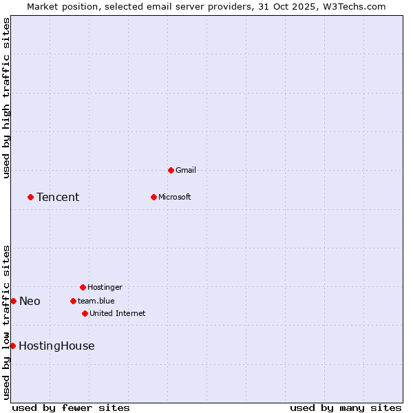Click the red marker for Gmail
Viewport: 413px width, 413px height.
pos(171,170)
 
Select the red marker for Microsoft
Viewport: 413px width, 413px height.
pos(153,197)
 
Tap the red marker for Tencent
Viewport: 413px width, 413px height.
pos(30,197)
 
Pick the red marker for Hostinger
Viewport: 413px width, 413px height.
pos(83,287)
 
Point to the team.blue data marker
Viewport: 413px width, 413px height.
pos(73,301)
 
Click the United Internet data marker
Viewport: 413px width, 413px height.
pos(85,313)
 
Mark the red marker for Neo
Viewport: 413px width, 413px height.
pos(13,301)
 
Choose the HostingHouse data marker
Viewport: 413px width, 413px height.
pos(12,346)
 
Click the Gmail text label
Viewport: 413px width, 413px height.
pos(186,170)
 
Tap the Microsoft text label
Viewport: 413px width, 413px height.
pos(175,197)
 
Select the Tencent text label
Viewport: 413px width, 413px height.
pos(58,198)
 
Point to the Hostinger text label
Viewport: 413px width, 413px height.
pos(105,287)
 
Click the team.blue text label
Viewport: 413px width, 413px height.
pos(96,301)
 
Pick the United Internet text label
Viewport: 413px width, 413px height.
pos(118,313)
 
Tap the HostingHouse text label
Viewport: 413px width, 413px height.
pos(56,346)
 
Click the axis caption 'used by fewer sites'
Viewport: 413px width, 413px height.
pos(71,407)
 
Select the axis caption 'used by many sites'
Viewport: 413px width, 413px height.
pos(346,407)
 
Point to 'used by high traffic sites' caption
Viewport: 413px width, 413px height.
pos(6,98)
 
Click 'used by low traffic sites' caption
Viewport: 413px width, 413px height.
pos(6,322)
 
